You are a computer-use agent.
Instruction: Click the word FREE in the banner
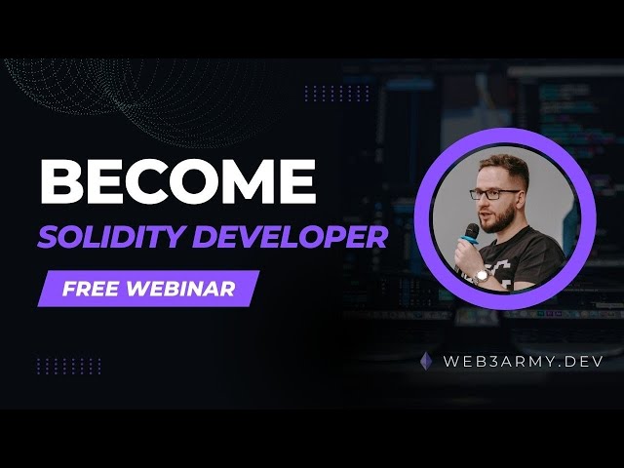pos(88,290)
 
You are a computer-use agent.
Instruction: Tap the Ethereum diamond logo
pos(426,361)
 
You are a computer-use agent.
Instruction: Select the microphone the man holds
pos(471,235)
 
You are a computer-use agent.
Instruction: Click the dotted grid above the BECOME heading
pos(336,93)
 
